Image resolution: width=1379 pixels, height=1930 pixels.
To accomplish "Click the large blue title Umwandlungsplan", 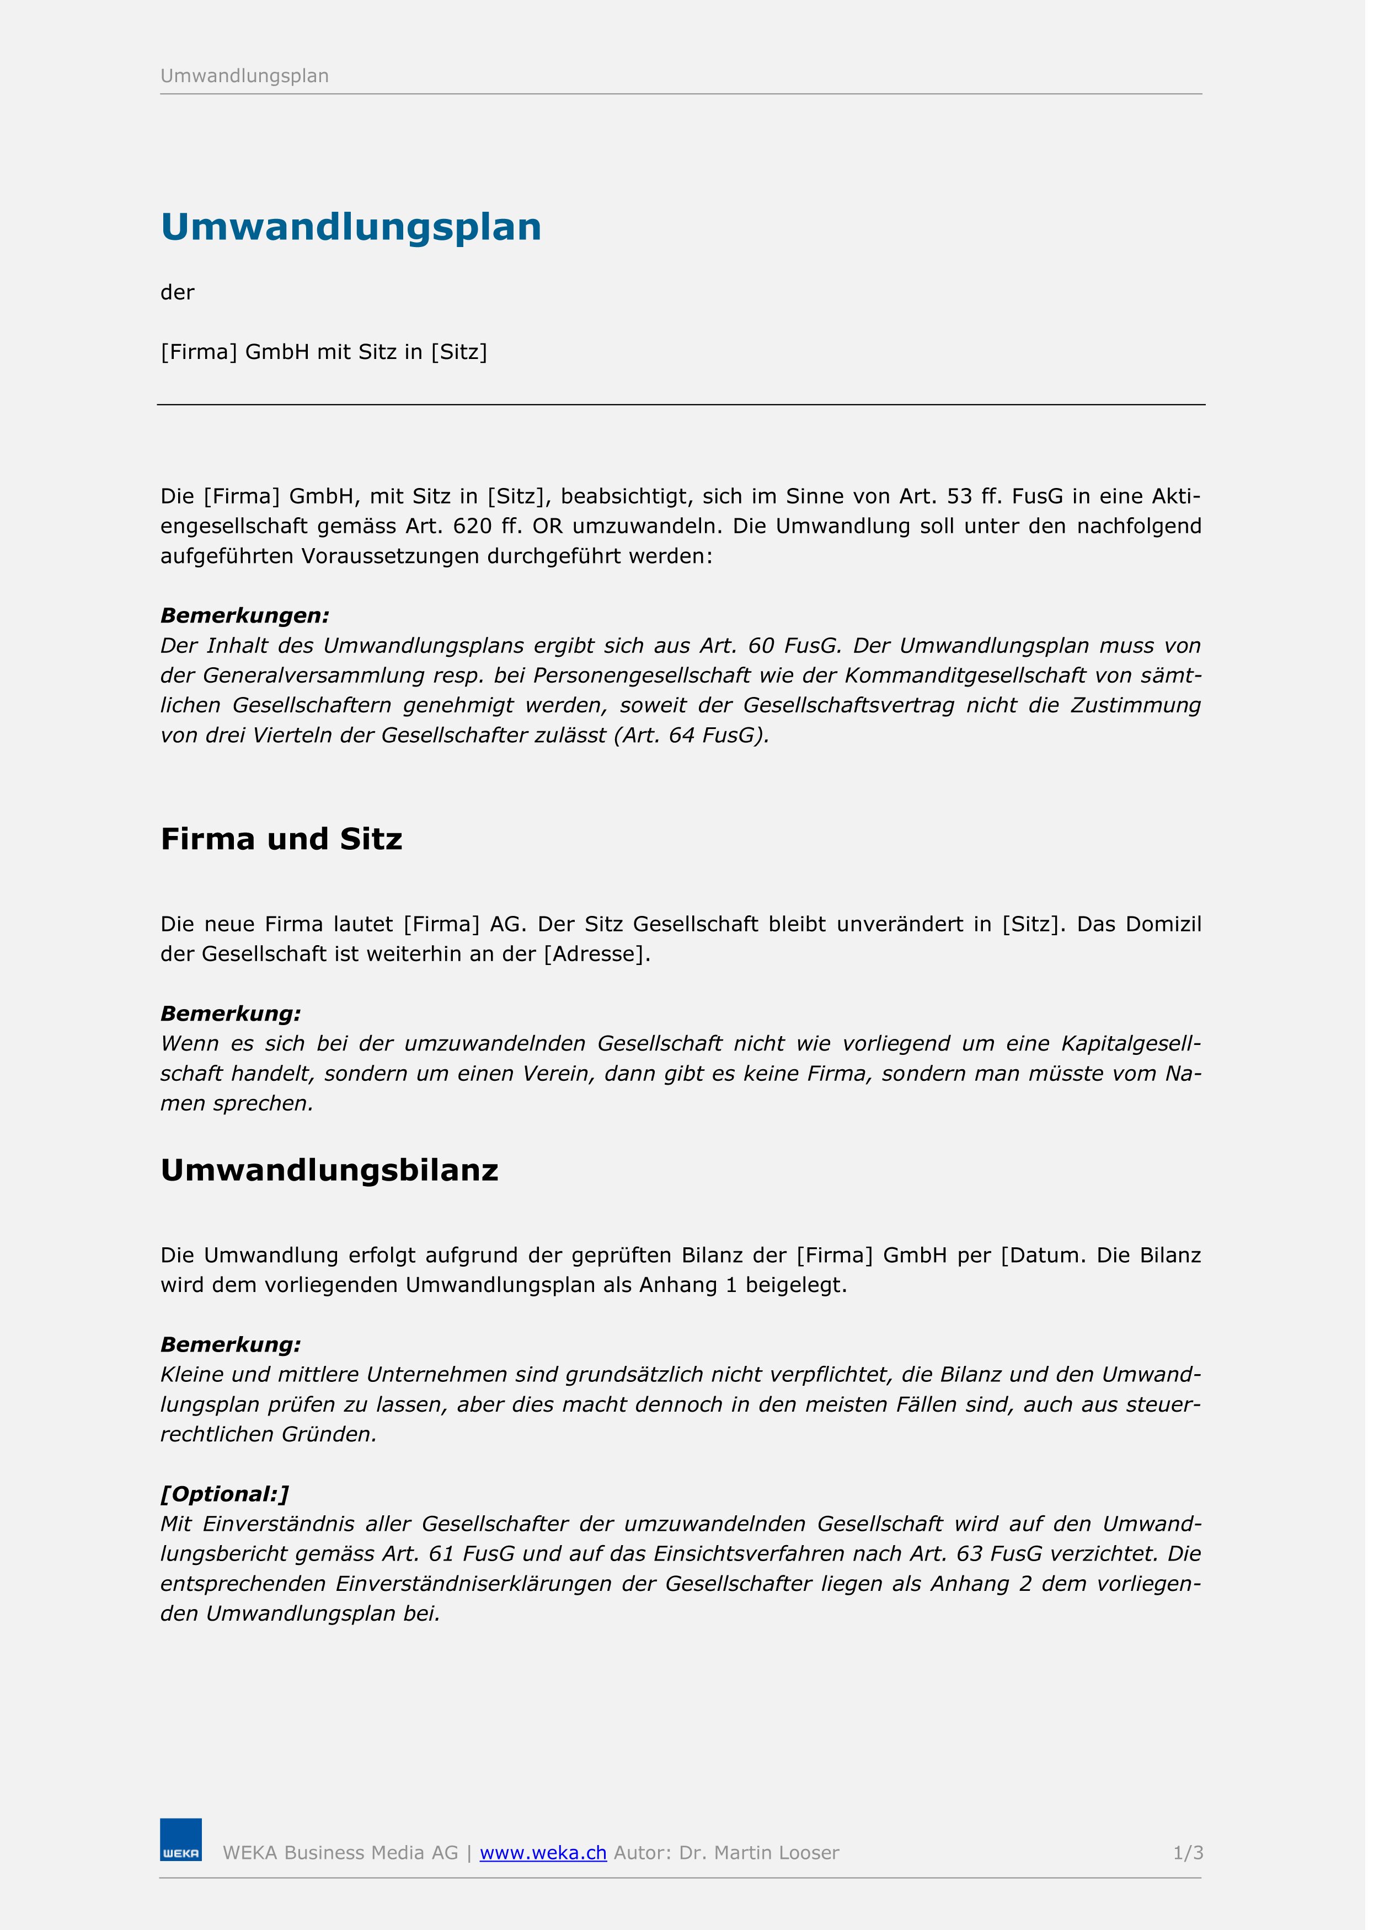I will point(351,227).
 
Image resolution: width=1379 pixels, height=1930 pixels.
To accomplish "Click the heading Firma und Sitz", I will point(281,839).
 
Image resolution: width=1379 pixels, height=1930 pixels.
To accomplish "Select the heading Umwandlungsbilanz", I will point(329,1170).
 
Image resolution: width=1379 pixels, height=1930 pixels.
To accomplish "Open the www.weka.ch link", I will point(543,1853).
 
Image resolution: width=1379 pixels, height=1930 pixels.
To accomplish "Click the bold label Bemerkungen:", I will point(244,615).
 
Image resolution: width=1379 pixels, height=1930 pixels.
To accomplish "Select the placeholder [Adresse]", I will point(596,954).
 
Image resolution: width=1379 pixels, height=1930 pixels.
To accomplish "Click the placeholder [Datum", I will point(1043,1255).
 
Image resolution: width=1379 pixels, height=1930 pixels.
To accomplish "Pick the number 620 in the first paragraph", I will point(472,526).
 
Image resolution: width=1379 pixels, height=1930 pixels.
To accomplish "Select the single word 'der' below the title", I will point(178,293).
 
